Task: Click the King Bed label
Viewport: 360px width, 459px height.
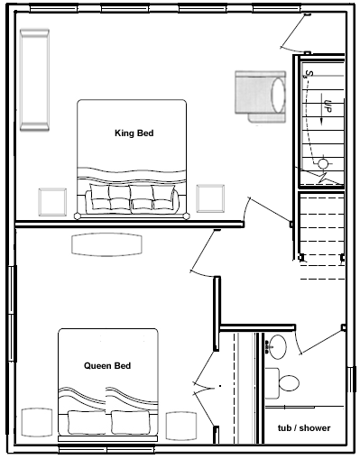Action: (x=134, y=133)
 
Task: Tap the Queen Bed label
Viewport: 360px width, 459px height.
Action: (x=107, y=365)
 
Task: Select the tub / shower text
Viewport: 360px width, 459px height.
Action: (x=304, y=427)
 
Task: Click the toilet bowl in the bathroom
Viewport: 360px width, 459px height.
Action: (x=289, y=383)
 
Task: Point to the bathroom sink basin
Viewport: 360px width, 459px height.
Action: (x=277, y=347)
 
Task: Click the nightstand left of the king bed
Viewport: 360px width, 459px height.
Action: (x=52, y=202)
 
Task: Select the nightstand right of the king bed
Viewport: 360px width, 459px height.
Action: (x=210, y=198)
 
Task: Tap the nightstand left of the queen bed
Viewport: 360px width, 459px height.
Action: (x=37, y=422)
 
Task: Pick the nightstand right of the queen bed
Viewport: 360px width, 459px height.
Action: (x=181, y=426)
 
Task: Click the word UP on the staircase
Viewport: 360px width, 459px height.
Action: (x=328, y=106)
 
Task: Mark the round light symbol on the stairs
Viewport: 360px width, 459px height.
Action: (x=323, y=163)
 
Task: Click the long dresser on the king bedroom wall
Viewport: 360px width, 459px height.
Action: (x=34, y=80)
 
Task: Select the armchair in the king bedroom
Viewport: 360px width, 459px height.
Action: (x=261, y=96)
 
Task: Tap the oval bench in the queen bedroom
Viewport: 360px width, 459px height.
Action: (x=106, y=245)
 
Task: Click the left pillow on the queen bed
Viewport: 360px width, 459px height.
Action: (x=87, y=422)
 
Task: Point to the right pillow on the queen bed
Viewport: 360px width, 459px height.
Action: (x=131, y=422)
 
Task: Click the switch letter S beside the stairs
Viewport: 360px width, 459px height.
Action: (x=309, y=74)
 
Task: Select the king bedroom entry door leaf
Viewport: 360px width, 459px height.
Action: (x=270, y=210)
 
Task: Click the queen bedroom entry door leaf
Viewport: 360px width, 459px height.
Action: (x=203, y=251)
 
